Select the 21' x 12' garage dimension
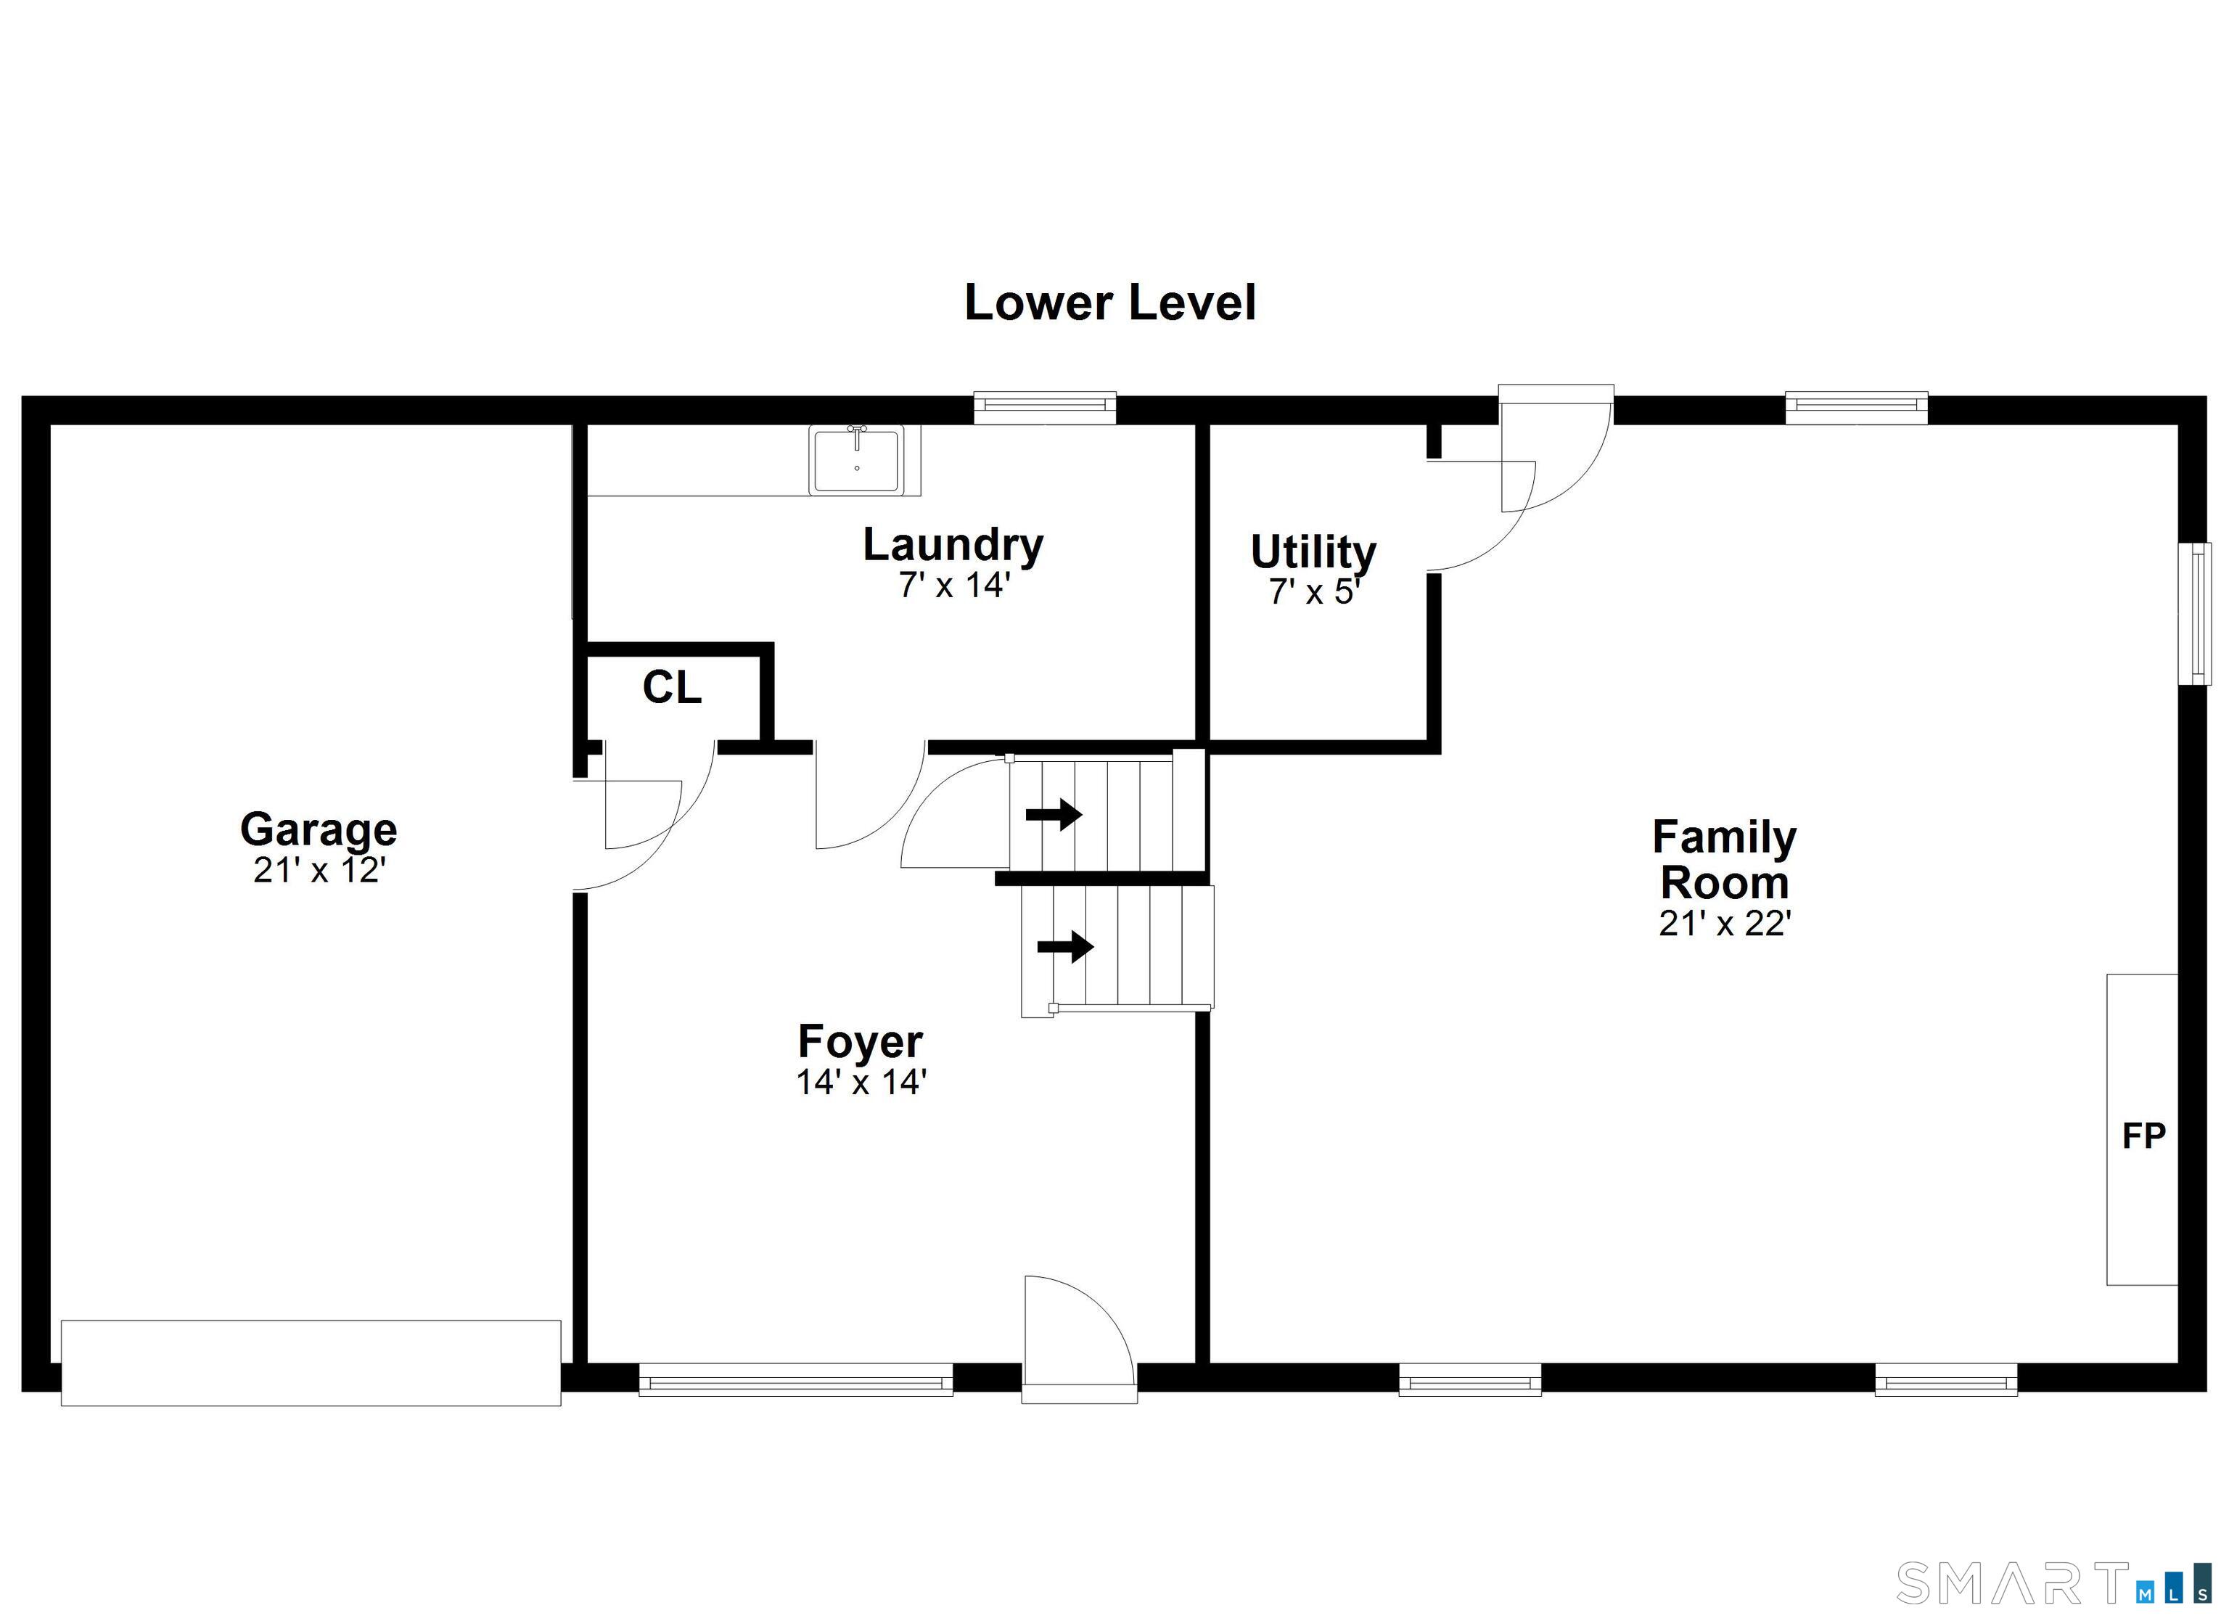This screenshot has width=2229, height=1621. coord(319,871)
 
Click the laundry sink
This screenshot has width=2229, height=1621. coord(857,459)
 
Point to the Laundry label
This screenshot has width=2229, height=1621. coord(953,546)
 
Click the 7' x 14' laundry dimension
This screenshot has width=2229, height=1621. coord(953,586)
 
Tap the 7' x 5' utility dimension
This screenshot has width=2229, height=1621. coord(1313,593)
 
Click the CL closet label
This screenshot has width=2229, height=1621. coord(672,688)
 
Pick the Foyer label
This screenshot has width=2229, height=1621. coord(860,1043)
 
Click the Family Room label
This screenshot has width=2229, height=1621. coord(1724,860)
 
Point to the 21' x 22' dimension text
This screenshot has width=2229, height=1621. coord(1725,923)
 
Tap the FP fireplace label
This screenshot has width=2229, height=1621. coord(2143,1136)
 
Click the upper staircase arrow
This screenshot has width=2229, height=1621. coord(1054,815)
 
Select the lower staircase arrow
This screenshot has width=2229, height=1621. coord(1065,948)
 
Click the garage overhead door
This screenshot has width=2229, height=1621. coord(311,1363)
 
